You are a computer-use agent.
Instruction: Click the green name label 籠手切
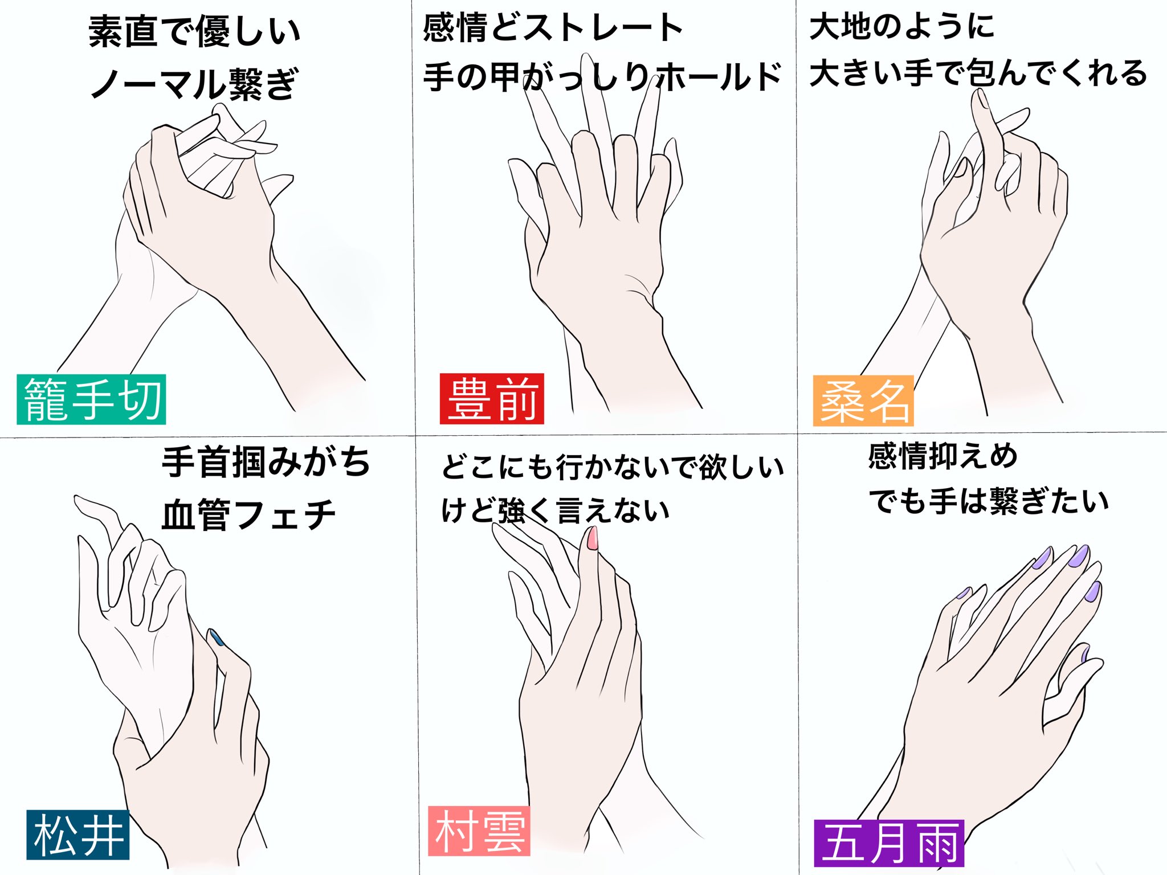(91, 399)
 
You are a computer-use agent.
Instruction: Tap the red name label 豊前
(492, 399)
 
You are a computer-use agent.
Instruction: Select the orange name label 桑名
(863, 400)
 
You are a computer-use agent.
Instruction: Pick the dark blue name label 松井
(78, 835)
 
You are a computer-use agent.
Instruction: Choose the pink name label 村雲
(479, 831)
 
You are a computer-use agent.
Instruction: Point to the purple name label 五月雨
(889, 843)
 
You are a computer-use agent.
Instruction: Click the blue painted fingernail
(217, 637)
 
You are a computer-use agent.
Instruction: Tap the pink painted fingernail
(593, 538)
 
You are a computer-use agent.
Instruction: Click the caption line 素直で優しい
(194, 32)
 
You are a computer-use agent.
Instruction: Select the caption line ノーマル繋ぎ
(194, 84)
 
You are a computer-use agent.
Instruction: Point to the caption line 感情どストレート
(553, 28)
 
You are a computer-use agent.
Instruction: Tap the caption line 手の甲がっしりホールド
(602, 76)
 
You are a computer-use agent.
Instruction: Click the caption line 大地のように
(902, 26)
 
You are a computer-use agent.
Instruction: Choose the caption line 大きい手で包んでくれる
(978, 73)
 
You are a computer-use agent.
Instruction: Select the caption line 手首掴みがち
(266, 461)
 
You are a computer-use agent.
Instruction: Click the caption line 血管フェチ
(249, 514)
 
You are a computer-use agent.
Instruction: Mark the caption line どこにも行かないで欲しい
(613, 467)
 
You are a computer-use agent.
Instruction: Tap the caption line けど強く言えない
(556, 510)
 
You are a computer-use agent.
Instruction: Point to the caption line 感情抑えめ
(943, 456)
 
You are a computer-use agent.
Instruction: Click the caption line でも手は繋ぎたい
(989, 501)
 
